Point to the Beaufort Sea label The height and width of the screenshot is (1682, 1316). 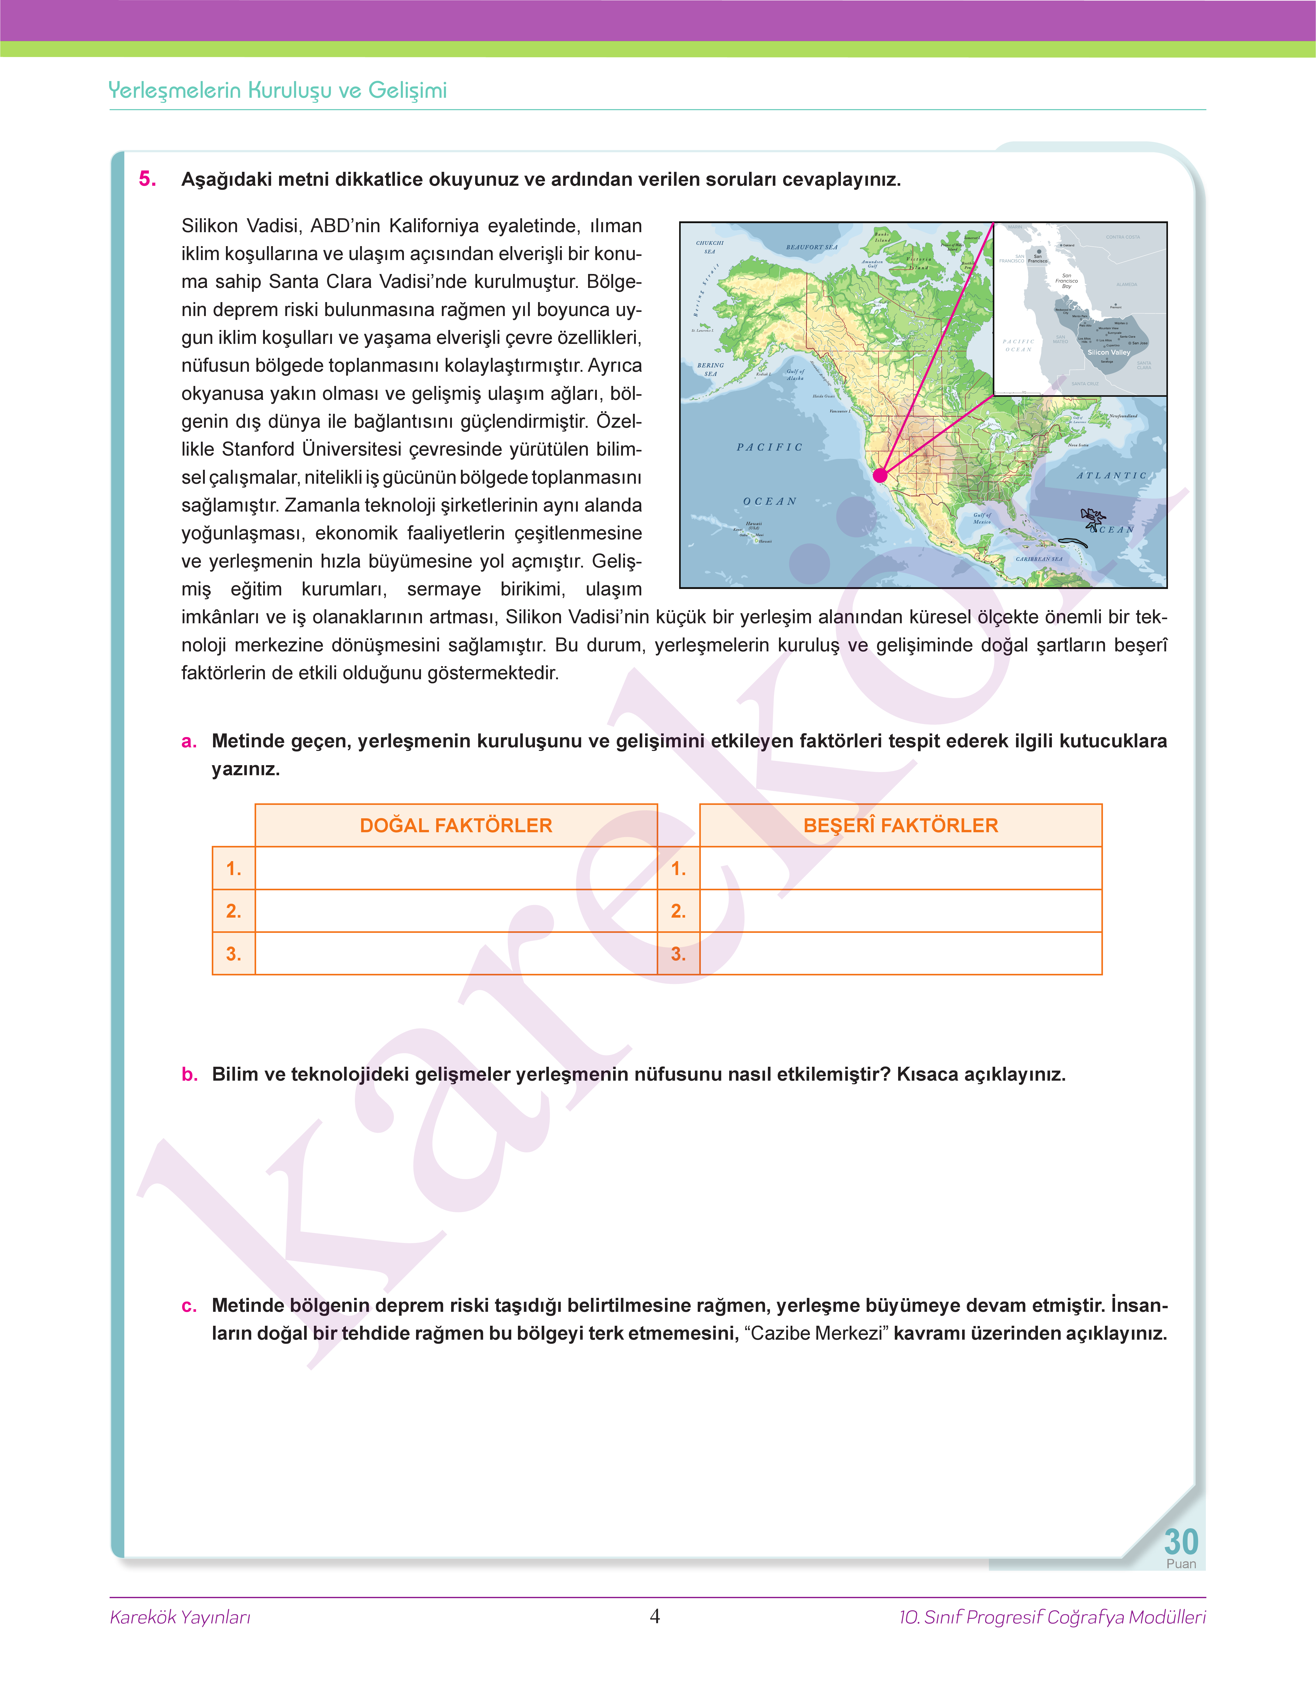pyautogui.click(x=811, y=247)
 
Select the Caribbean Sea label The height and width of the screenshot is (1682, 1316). pyautogui.click(x=1039, y=559)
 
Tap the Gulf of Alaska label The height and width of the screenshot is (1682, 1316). pyautogui.click(x=795, y=375)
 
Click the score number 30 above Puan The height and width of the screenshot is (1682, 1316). pyautogui.click(x=1180, y=1542)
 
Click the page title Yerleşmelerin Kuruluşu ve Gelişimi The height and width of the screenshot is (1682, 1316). pyautogui.click(x=277, y=90)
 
